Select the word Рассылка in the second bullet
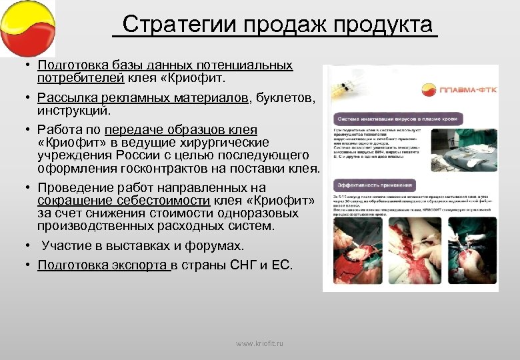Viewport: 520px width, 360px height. (63, 99)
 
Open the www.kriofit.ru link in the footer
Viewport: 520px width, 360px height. (259, 343)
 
